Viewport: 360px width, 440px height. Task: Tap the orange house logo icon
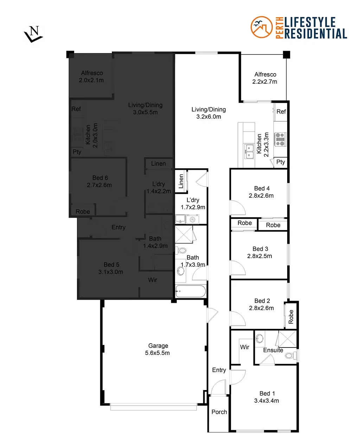point(261,27)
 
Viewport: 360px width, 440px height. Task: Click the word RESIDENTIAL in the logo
point(315,34)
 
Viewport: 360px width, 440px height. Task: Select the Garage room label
point(158,346)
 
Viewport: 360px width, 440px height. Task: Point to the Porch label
point(219,412)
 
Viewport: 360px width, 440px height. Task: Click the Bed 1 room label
point(267,393)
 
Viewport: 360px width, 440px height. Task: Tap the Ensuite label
point(273,350)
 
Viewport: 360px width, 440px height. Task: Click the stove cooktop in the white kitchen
point(280,139)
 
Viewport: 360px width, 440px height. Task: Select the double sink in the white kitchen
point(249,152)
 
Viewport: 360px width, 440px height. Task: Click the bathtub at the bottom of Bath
point(191,292)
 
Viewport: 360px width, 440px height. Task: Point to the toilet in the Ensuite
point(290,356)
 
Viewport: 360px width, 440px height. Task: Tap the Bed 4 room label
point(262,189)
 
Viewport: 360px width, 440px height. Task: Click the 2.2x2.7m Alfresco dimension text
point(265,82)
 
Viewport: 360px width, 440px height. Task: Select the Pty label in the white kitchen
point(281,162)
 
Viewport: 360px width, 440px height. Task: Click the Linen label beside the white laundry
point(181,181)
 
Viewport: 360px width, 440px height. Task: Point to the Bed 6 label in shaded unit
point(100,178)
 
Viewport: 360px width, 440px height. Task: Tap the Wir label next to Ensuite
point(245,347)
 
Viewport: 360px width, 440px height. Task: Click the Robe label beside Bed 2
point(291,317)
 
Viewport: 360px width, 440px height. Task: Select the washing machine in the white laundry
point(192,220)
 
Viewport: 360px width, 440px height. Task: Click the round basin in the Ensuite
point(259,339)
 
